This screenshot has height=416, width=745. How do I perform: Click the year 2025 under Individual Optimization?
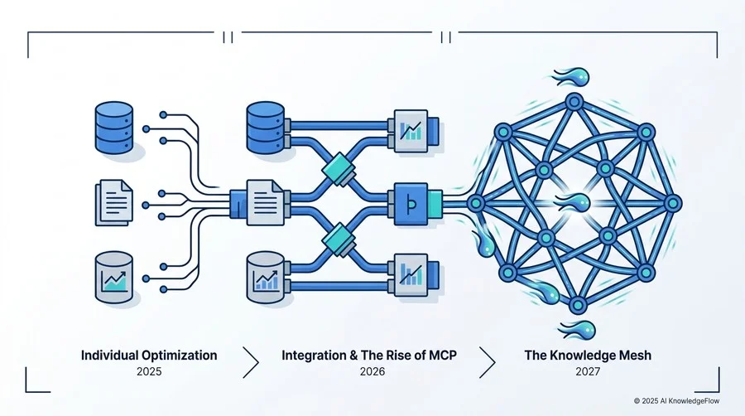(149, 371)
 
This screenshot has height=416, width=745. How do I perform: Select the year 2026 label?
(372, 371)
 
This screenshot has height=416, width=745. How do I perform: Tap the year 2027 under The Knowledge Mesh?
(588, 371)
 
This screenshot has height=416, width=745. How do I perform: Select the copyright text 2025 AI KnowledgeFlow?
(676, 401)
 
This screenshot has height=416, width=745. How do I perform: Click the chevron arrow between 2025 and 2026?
(250, 362)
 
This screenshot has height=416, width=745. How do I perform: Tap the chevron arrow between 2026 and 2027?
(487, 362)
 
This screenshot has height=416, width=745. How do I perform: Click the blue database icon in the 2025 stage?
(114, 128)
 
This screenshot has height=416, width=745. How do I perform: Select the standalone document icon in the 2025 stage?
(114, 202)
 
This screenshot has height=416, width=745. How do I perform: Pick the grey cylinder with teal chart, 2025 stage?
(114, 278)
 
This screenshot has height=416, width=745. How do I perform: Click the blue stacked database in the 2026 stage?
(265, 128)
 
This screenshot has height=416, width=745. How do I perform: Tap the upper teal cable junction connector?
(339, 169)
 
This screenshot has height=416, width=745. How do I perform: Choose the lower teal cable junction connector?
(339, 239)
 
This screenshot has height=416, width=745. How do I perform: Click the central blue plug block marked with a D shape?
(411, 204)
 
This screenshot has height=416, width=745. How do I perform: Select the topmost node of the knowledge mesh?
(574, 102)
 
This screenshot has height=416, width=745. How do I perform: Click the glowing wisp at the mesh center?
(574, 202)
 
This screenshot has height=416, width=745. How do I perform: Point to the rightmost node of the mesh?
(672, 204)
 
